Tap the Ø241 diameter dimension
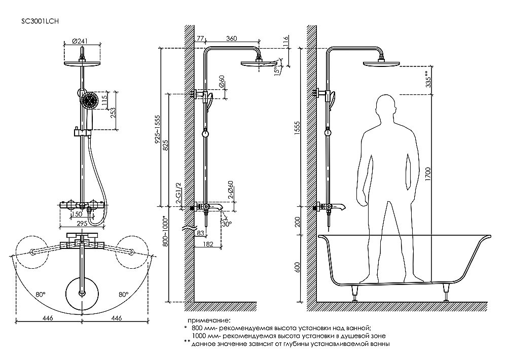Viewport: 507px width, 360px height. click(81, 41)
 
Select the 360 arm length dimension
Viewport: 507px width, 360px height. click(232, 39)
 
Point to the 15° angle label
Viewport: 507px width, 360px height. click(276, 70)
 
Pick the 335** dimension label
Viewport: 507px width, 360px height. click(429, 79)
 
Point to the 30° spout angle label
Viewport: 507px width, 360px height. click(227, 223)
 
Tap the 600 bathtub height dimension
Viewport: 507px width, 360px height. click(297, 267)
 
